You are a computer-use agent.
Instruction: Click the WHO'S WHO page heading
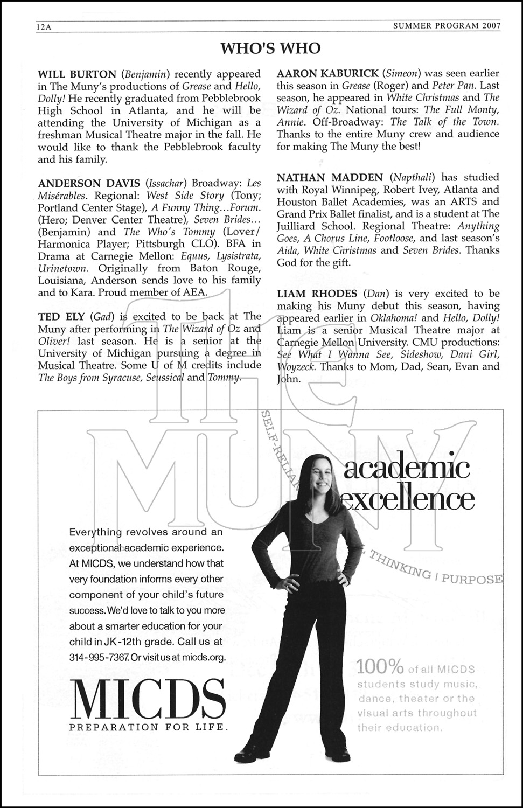[270, 49]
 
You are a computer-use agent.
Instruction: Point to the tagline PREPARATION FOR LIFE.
[148, 727]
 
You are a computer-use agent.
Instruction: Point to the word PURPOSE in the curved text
[475, 578]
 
